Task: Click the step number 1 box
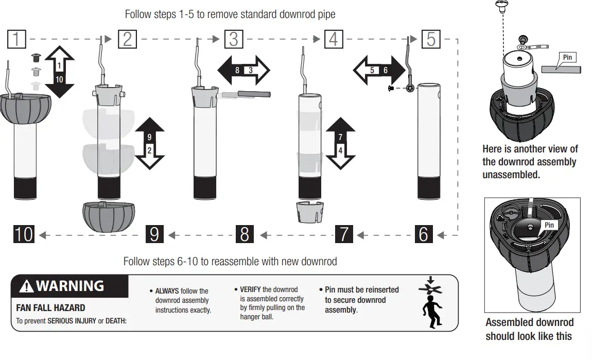pos(17,39)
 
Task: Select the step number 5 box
pos(431,39)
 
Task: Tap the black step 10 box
pos(24,234)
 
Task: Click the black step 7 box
pos(344,234)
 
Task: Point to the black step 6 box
pos(423,234)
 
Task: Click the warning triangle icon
pos(26,286)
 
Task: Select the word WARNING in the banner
pos(70,286)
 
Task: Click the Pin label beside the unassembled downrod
pos(567,57)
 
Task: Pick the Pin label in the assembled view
pos(549,225)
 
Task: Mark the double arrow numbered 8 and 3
pos(243,70)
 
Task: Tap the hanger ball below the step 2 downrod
pos(108,216)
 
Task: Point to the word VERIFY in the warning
pos(250,289)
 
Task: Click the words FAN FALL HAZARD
pos(51,308)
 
